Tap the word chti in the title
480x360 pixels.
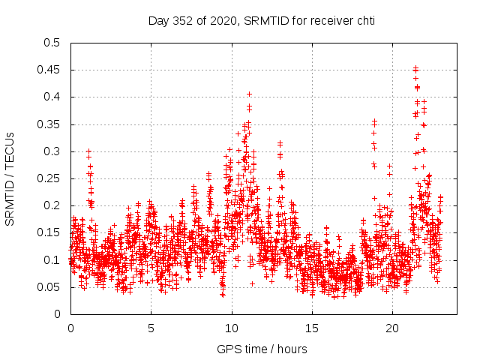coord(364,20)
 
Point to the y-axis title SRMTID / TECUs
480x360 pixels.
coord(10,178)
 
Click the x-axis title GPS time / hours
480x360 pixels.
coord(262,349)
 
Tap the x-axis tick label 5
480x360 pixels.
coord(151,328)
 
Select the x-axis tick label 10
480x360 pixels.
coord(232,328)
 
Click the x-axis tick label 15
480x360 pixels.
coord(312,328)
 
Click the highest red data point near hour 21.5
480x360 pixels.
coord(415,67)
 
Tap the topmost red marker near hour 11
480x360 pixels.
coord(249,94)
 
